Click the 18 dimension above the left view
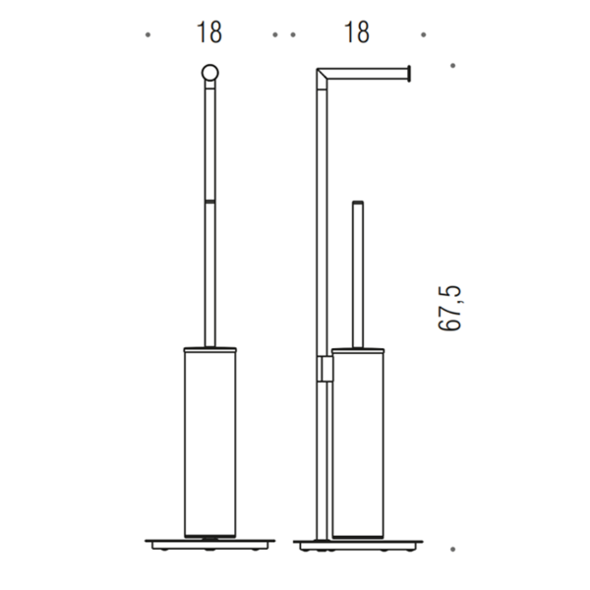coord(209,32)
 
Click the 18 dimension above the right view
coord(357,32)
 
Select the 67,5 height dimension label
coord(449,308)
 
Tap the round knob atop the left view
coord(210,73)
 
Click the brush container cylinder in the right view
coord(358,444)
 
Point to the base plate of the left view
coord(210,545)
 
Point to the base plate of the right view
coord(358,545)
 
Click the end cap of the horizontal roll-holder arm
coord(409,74)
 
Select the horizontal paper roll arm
coord(367,74)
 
